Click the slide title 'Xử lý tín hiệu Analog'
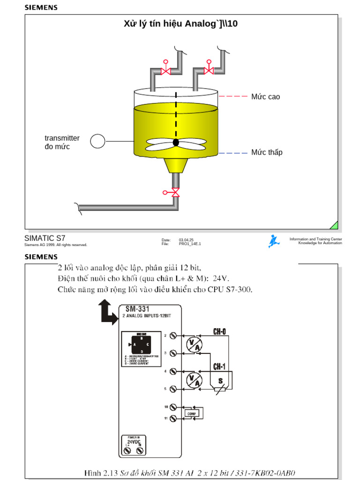point(180,23)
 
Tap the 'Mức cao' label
point(265,97)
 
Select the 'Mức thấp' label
point(267,152)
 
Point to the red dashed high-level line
point(233,96)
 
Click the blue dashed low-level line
point(233,153)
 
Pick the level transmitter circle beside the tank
point(97,141)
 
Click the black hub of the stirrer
point(176,142)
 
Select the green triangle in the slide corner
point(334,225)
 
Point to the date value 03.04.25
point(186,239)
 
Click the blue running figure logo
point(274,241)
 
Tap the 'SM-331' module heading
point(137,309)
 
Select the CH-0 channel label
point(219,332)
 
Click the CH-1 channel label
point(219,366)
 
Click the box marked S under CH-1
point(220,381)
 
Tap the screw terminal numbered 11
point(173,418)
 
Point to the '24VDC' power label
point(133,442)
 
